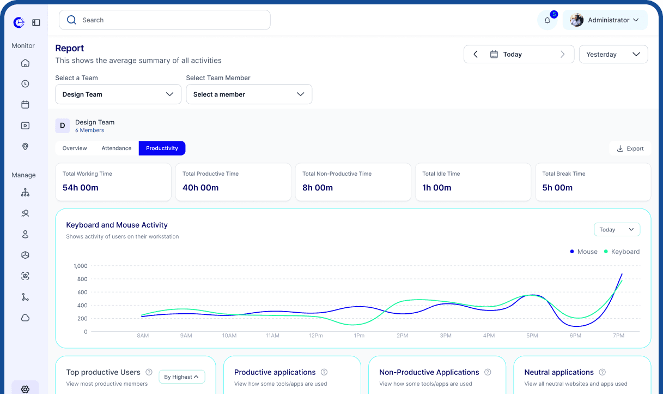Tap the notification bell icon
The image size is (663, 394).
[548, 20]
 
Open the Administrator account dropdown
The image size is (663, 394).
[605, 20]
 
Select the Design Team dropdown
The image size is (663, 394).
[118, 94]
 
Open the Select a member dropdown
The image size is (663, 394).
[249, 94]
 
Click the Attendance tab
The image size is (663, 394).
[116, 148]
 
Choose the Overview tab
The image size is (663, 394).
[75, 148]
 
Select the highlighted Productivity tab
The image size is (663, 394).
[162, 148]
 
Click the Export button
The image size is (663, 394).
[630, 148]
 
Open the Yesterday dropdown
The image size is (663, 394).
[613, 55]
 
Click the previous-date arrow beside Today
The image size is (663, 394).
[476, 55]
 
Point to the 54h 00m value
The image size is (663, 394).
[81, 188]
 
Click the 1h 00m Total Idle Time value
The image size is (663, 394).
[437, 188]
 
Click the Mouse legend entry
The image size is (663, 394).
[583, 252]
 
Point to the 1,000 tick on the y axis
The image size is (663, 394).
[80, 266]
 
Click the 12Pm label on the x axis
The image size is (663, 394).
[316, 336]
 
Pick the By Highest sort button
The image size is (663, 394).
[182, 377]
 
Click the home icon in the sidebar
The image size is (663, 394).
[25, 63]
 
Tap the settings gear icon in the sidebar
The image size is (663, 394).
[25, 389]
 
